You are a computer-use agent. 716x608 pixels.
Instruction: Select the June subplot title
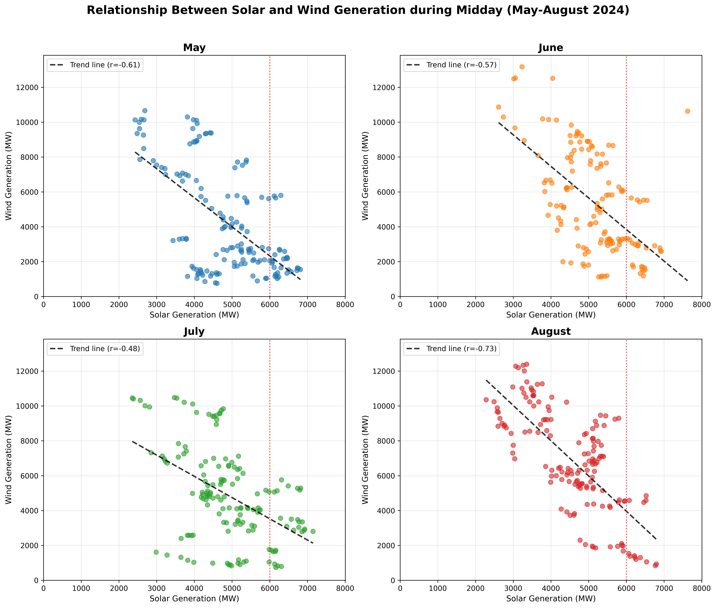(551, 48)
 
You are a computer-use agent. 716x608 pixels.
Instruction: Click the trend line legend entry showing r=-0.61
(95, 65)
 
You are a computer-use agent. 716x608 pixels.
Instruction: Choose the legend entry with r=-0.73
(452, 348)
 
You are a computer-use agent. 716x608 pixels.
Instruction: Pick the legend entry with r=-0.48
(95, 348)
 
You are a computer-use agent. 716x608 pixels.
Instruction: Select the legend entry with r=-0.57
(452, 65)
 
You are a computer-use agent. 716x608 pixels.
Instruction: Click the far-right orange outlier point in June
(687, 111)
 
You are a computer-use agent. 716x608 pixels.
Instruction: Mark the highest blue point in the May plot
(145, 111)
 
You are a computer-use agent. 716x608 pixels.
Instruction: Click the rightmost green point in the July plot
(313, 531)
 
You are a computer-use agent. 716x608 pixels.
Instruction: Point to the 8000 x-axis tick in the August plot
(701, 588)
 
